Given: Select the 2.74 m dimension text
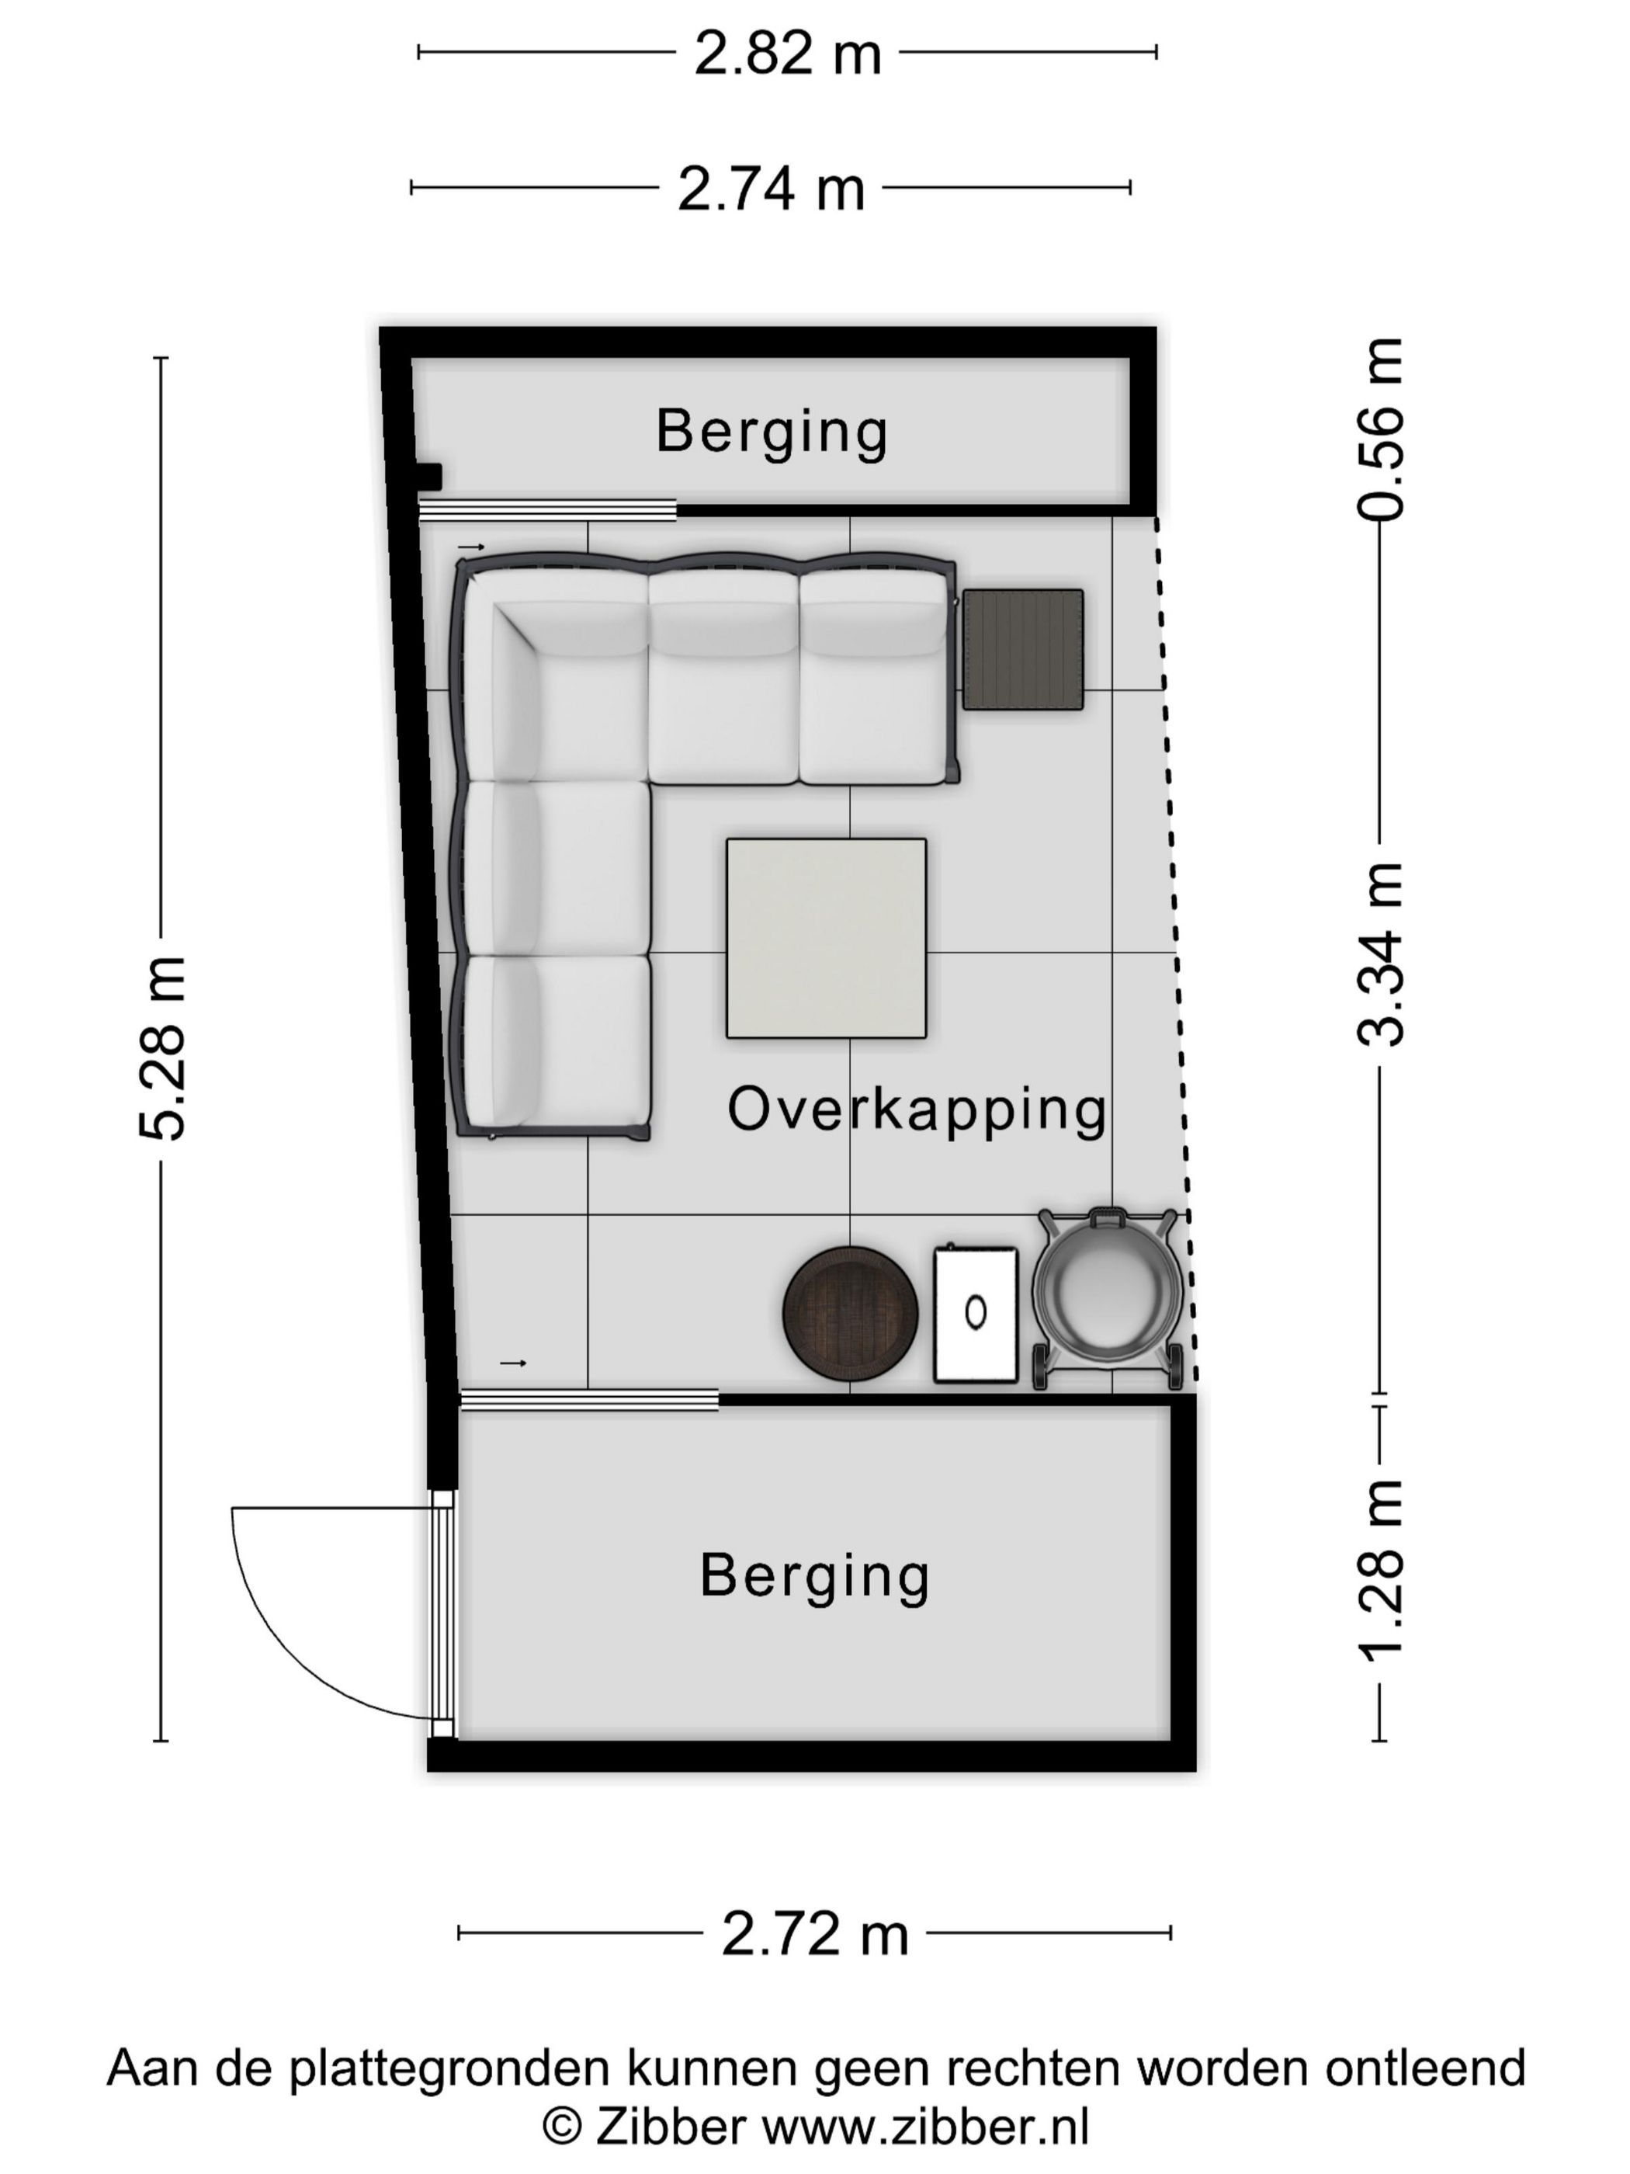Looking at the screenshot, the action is click(x=772, y=189).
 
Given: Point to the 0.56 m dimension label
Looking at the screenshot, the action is click(x=1379, y=429).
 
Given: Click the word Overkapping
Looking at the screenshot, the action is click(x=917, y=1110).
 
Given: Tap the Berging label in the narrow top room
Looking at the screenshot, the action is click(x=772, y=432).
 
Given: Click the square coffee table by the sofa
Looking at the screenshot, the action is click(x=825, y=938).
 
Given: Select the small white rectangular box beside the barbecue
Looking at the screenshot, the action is click(x=975, y=1313).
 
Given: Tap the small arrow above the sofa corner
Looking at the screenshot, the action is click(x=472, y=547).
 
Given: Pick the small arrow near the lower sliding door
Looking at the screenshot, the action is click(x=514, y=1363).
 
